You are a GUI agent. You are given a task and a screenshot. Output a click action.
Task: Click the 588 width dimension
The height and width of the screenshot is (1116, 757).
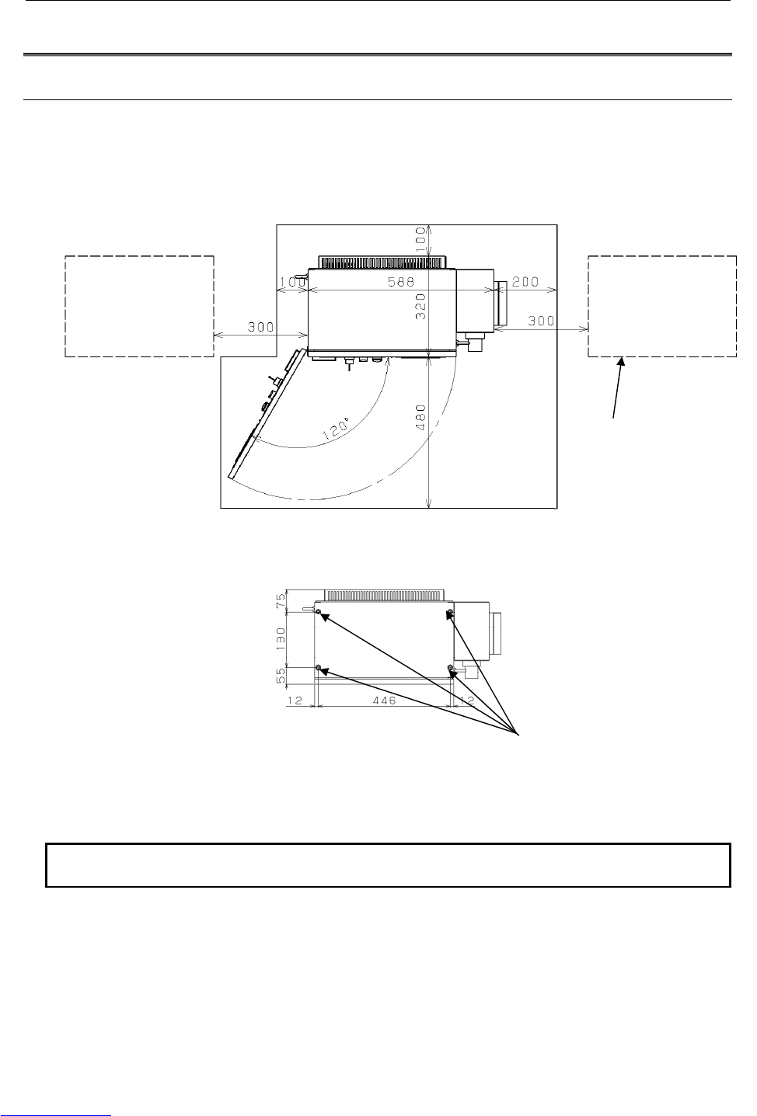pos(401,282)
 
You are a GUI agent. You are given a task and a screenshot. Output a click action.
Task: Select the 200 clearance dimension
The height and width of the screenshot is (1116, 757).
pos(525,282)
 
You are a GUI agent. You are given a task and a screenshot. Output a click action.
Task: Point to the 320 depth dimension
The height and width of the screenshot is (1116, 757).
pos(421,306)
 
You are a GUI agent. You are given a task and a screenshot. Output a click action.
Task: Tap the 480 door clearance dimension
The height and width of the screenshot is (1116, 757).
pos(421,418)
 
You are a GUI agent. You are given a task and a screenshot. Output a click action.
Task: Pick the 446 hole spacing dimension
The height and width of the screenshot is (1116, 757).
pos(384,701)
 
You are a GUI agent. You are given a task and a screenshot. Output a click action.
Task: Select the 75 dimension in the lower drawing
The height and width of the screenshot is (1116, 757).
pos(281,600)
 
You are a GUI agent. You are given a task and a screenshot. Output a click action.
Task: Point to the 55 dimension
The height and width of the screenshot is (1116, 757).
pos(281,675)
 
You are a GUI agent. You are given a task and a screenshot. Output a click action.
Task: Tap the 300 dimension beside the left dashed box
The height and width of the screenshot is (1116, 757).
pos(261,327)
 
